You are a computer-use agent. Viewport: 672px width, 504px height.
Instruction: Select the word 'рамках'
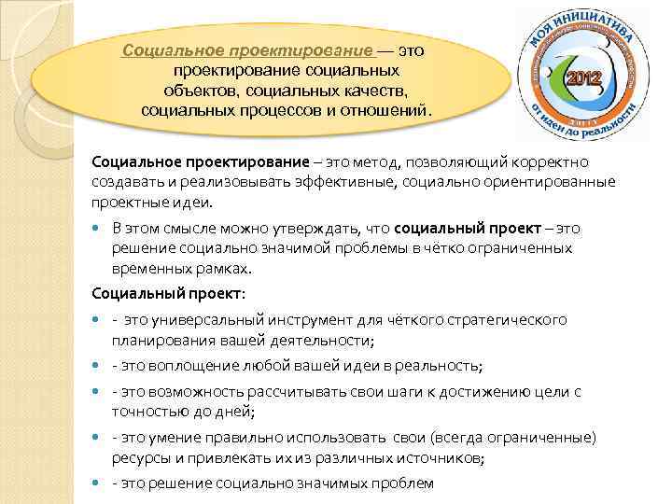(x=223, y=267)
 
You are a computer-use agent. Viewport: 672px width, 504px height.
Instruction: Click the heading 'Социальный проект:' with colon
(x=169, y=293)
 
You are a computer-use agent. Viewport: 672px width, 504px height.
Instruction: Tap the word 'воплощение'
(x=192, y=366)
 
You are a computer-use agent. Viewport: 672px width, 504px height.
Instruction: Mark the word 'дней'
(x=236, y=411)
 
